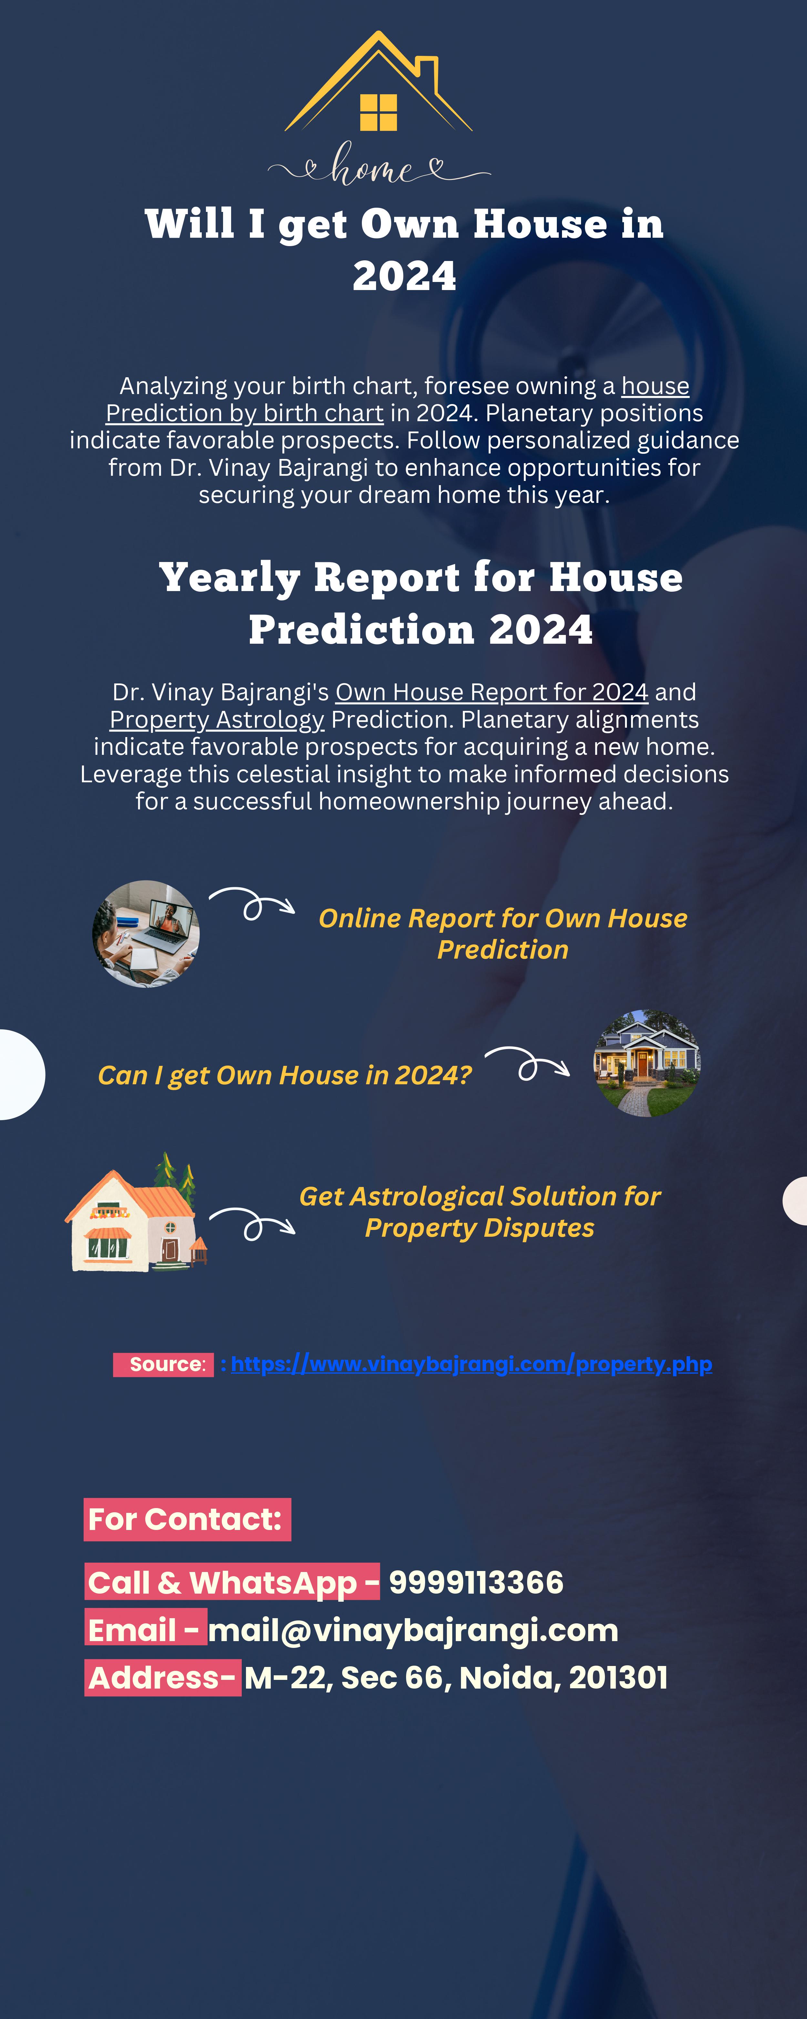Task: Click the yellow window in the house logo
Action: pyautogui.click(x=378, y=112)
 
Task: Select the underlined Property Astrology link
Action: pyautogui.click(x=217, y=720)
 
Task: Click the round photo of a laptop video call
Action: pyautogui.click(x=146, y=933)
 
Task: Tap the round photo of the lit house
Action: pyautogui.click(x=647, y=1063)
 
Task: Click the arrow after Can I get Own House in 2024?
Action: pyautogui.click(x=527, y=1064)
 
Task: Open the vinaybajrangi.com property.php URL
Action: pyautogui.click(x=472, y=1365)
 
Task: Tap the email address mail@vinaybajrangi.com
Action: pyautogui.click(x=413, y=1630)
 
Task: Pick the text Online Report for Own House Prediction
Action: pyautogui.click(x=503, y=933)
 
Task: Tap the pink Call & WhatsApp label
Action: pyautogui.click(x=233, y=1582)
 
